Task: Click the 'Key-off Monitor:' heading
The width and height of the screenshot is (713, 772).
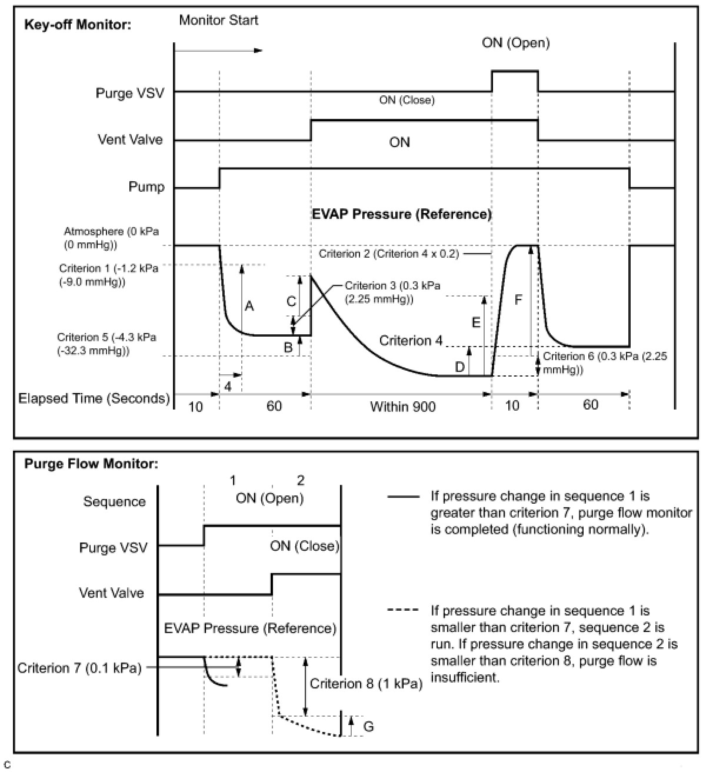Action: [78, 25]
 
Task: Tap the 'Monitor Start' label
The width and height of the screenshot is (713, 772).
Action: [218, 20]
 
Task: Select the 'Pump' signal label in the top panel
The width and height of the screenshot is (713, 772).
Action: [146, 187]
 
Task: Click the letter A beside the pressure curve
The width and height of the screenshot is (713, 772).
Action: [249, 306]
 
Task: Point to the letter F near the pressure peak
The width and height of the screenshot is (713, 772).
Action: [518, 300]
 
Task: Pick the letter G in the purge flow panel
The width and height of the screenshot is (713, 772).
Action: [368, 727]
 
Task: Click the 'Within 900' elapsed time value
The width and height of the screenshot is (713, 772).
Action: [402, 407]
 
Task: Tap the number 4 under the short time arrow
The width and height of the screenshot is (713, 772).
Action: [228, 386]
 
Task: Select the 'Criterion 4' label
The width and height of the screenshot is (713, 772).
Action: [411, 341]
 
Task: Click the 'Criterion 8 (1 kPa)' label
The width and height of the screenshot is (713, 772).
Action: [366, 684]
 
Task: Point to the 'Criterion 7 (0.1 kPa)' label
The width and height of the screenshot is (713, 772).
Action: [79, 668]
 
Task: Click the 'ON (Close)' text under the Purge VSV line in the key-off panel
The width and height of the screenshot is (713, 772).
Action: [407, 101]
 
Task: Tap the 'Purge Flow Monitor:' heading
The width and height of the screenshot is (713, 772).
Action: [91, 464]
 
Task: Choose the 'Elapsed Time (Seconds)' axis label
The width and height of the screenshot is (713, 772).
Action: [94, 398]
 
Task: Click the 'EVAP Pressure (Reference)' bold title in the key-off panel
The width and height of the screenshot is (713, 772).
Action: [401, 214]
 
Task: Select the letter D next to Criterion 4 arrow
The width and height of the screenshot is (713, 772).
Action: [459, 368]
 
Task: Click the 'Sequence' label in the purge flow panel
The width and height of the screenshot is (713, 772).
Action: [114, 502]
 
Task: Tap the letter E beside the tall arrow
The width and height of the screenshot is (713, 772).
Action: [476, 322]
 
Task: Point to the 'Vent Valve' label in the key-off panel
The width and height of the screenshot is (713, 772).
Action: [130, 140]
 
